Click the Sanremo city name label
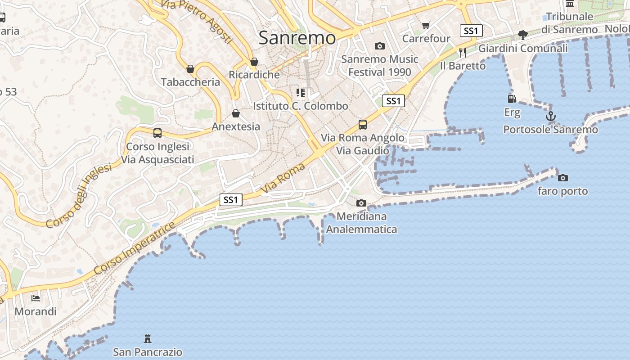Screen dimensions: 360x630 pyautogui.click(x=297, y=38)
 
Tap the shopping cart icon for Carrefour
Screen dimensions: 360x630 pyautogui.click(x=426, y=26)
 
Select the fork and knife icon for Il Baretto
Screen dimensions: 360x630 pyautogui.click(x=463, y=53)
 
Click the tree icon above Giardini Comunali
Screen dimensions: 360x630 pyautogui.click(x=523, y=35)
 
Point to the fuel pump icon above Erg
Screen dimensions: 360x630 pyautogui.click(x=512, y=99)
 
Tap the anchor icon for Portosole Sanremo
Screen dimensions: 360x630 pyautogui.click(x=551, y=117)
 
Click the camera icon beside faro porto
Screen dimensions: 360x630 pyautogui.click(x=562, y=178)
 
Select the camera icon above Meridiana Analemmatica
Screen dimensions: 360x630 pyautogui.click(x=361, y=203)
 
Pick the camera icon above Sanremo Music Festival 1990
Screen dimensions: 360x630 pyautogui.click(x=380, y=46)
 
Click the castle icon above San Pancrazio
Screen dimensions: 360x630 pyautogui.click(x=148, y=338)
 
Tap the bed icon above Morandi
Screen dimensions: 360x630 pyautogui.click(x=36, y=298)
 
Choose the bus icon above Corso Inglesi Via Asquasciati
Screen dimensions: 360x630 pyautogui.click(x=157, y=133)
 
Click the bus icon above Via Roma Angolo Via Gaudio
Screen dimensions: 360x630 pyautogui.click(x=363, y=125)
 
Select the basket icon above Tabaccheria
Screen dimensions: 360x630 pyautogui.click(x=190, y=69)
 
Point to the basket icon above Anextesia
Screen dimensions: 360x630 pyautogui.click(x=236, y=113)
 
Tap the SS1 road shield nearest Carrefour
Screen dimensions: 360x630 pyautogui.click(x=471, y=31)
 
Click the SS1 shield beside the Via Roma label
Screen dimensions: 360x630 pyautogui.click(x=231, y=199)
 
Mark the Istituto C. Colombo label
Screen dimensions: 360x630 pyautogui.click(x=301, y=106)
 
